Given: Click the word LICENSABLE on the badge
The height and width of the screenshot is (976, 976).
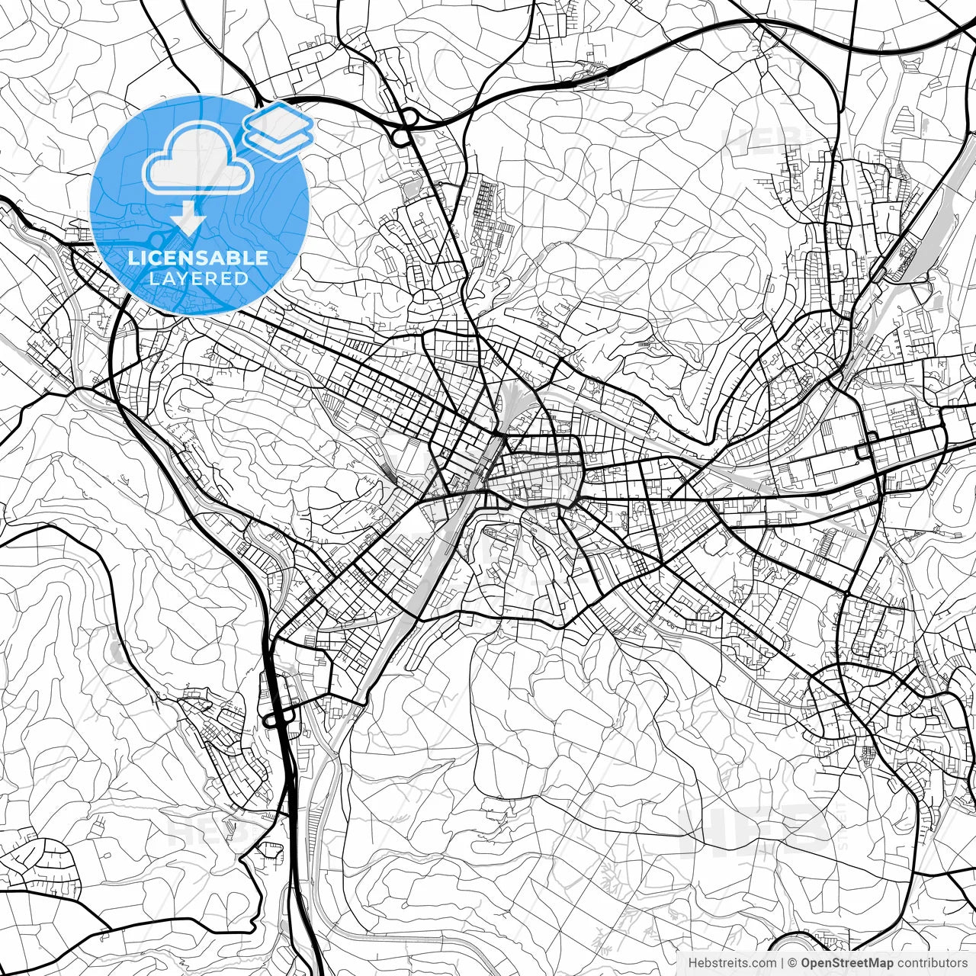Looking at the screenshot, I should click(198, 258).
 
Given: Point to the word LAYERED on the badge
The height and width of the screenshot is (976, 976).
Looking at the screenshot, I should click(198, 278).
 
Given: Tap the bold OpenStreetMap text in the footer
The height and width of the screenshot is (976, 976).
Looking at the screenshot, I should click(846, 964).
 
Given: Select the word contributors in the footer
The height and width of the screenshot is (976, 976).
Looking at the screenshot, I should click(930, 964).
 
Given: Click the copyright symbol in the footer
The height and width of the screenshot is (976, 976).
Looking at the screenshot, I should click(792, 964).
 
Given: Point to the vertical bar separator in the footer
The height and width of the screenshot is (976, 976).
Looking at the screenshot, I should click(782, 964).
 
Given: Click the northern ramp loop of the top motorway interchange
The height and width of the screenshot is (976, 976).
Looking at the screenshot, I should click(410, 117).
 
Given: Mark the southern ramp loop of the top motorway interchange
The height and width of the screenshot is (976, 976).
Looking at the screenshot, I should click(399, 138).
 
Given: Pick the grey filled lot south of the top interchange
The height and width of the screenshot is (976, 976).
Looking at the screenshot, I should click(412, 185).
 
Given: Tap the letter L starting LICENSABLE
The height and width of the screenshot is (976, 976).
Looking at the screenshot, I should click(133, 258).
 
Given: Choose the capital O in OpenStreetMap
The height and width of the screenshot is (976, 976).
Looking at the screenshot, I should click(807, 964).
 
